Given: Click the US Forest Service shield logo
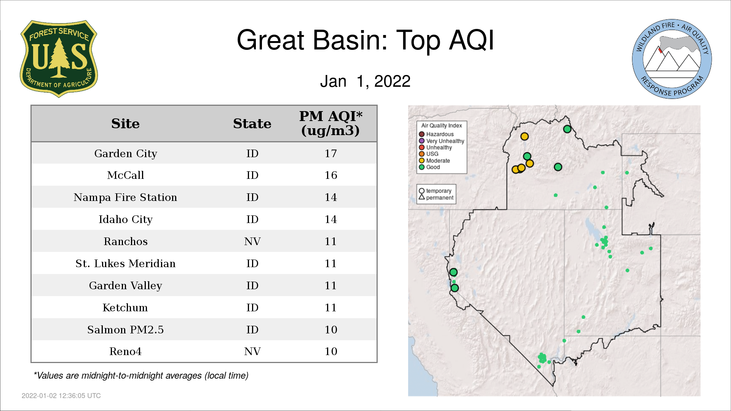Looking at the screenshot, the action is click(x=59, y=59).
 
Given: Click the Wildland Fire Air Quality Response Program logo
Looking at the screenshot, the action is click(x=672, y=59).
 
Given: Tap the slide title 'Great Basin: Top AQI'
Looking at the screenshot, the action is click(x=365, y=40).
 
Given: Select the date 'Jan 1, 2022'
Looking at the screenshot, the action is click(x=365, y=81).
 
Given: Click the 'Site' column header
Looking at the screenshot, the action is click(x=125, y=124).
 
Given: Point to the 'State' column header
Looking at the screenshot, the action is click(x=252, y=124).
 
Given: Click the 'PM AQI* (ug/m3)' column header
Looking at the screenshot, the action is click(x=330, y=123).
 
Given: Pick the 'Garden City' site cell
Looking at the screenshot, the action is click(x=126, y=153).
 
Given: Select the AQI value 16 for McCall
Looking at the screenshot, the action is click(x=331, y=175).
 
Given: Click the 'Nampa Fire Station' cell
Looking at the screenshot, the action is click(x=125, y=197).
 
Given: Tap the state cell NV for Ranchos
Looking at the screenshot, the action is click(x=252, y=241).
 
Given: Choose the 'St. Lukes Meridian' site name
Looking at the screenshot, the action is click(x=125, y=263).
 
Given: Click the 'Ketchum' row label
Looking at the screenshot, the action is click(x=125, y=307).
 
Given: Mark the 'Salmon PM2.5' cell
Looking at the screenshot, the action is click(x=125, y=330).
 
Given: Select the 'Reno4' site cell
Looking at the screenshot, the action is click(x=125, y=351).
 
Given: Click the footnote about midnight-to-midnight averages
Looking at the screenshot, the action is click(x=141, y=376).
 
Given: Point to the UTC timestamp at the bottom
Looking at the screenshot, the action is click(x=61, y=396).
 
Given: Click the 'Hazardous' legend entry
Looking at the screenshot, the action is click(x=436, y=134).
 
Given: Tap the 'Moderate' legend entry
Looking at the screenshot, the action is click(x=434, y=161).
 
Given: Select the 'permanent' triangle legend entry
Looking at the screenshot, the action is click(x=436, y=198).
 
